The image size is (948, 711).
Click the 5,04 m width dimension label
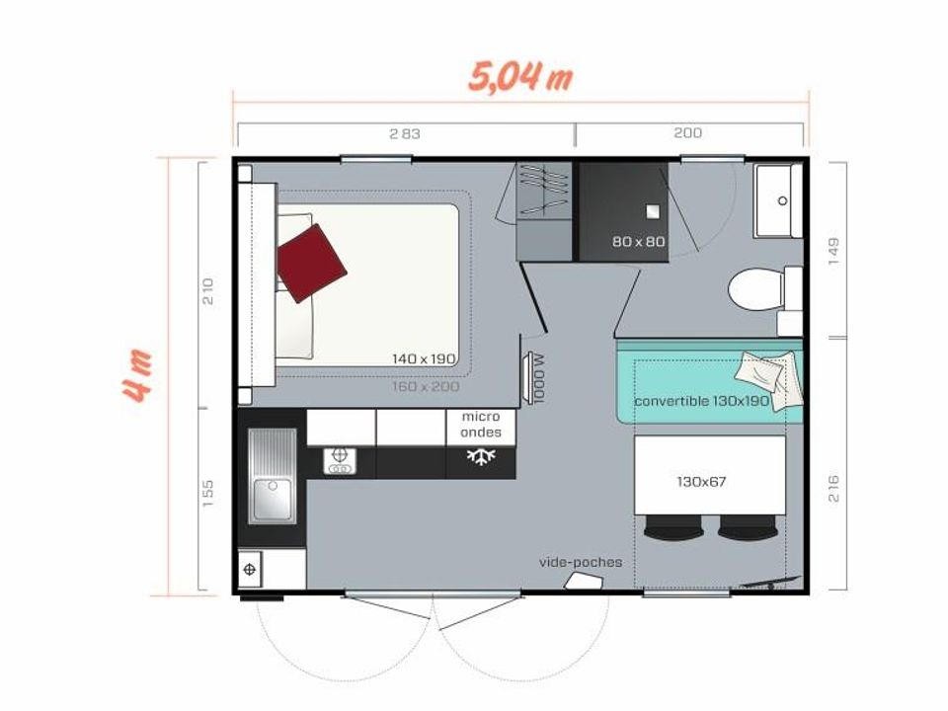pos(520,77)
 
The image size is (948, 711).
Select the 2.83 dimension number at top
pos(405,133)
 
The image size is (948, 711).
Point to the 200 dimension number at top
pos(687,133)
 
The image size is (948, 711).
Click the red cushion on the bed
pos(311,263)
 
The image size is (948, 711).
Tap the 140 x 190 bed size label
pos(424,358)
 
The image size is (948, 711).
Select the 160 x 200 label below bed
pos(426,386)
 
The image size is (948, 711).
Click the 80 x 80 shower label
pos(639,241)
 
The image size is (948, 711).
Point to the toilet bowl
pos(755,290)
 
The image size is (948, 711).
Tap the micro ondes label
pos(481,425)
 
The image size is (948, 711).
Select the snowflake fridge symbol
pos(481,456)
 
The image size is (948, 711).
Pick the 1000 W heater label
pos(539,378)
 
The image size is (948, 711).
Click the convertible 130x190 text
pos(702,402)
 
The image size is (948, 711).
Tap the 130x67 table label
pos(701,482)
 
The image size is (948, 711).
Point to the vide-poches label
pos(581,562)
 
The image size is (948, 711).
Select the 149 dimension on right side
pos(833,251)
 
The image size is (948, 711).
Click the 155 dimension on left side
pos(207,494)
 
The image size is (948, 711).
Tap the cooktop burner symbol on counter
pos(340,461)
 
